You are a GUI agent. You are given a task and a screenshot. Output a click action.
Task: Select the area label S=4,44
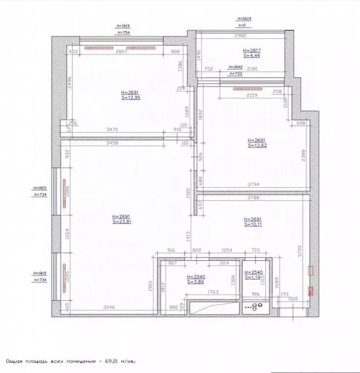tap(252, 56)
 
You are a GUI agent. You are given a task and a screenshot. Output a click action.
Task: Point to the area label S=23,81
tap(122, 221)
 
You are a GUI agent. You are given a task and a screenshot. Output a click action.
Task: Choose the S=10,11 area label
tap(253, 225)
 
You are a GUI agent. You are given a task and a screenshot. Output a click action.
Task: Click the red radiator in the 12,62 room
tap(247, 89)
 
